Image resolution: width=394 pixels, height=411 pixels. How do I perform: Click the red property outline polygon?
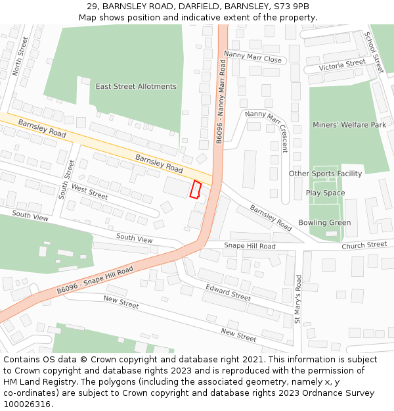point(195,189)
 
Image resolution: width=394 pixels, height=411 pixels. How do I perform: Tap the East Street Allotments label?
point(136,86)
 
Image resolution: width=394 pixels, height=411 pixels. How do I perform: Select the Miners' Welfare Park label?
point(349,124)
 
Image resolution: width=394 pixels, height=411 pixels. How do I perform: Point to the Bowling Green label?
point(324,222)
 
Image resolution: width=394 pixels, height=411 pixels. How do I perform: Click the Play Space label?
point(325,193)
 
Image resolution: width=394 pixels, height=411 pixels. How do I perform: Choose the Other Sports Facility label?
point(325,174)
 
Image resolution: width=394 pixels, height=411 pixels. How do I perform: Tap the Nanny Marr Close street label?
point(253,57)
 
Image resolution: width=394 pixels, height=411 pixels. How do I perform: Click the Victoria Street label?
point(342,65)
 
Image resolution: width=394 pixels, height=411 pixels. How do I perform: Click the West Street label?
point(89,192)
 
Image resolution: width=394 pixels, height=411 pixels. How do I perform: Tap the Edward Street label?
point(228,293)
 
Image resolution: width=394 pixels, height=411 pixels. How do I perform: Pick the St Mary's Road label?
point(297,299)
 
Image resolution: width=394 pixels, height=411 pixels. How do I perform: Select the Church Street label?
point(364,245)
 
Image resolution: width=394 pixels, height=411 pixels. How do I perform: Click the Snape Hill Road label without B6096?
point(250,245)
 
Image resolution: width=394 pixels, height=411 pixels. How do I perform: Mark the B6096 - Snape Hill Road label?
point(95,280)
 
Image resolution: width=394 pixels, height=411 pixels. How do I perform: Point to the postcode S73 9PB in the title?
point(292,6)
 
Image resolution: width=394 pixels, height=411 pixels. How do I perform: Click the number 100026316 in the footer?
point(27,404)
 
